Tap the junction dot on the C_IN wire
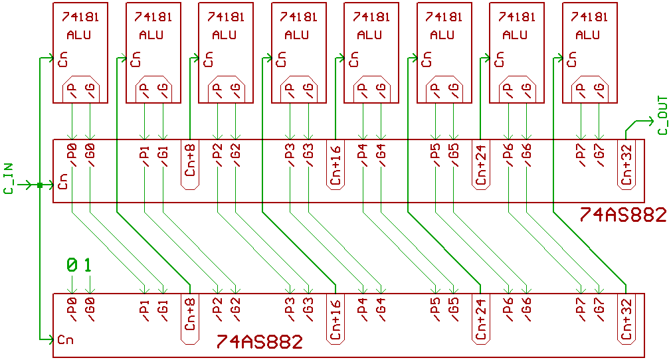(40, 185)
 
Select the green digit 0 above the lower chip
(71, 265)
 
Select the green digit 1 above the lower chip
(88, 265)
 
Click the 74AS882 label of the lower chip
(259, 342)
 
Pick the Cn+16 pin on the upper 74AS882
(335, 165)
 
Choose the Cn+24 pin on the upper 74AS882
(480, 165)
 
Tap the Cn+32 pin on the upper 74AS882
(626, 165)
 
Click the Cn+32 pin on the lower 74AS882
(626, 317)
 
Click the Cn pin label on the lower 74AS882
(65, 340)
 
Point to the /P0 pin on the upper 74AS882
(71, 157)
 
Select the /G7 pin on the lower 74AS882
(599, 310)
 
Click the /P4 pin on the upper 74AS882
(362, 157)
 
